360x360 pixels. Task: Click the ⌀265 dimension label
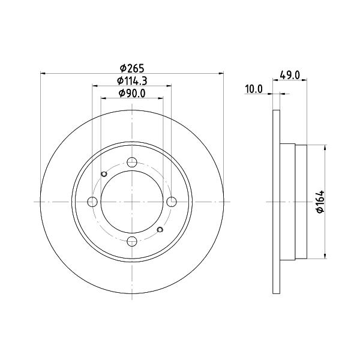pos(132,68)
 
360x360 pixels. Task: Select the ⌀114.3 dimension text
pos(132,80)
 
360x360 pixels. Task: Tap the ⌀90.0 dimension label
pos(132,93)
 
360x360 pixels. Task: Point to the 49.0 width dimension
pos(290,75)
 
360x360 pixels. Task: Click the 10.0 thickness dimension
pos(254,89)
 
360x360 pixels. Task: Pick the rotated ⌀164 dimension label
pos(320,202)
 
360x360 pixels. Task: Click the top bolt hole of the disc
pos(132,163)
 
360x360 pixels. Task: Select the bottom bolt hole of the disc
pos(132,241)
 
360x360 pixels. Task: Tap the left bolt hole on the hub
pos(92,202)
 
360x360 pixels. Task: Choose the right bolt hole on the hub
pos(172,202)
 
